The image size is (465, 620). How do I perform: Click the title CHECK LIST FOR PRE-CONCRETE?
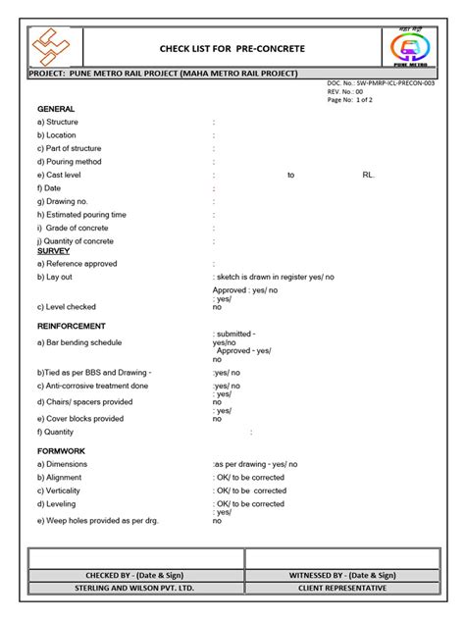click(232, 48)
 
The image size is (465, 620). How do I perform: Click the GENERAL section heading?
click(56, 108)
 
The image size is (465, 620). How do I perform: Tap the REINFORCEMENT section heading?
click(72, 326)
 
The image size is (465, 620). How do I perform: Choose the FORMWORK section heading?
click(61, 451)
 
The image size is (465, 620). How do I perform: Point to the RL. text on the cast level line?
click(369, 175)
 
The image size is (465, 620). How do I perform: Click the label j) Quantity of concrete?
click(76, 241)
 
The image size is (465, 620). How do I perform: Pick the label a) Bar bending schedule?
click(79, 342)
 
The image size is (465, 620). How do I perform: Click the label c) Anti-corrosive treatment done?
click(93, 387)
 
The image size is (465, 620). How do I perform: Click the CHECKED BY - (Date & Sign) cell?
click(135, 575)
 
